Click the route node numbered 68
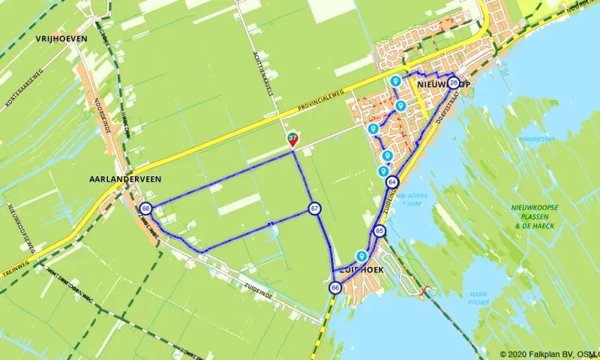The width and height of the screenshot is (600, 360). click(146, 208)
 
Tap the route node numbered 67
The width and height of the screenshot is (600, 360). click(314, 208)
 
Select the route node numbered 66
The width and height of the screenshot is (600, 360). click(335, 287)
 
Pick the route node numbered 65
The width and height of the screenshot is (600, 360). click(379, 231)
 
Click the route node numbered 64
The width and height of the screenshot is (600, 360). click(393, 182)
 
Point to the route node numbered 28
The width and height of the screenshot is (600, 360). click(453, 82)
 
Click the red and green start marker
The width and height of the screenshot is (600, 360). click(292, 139)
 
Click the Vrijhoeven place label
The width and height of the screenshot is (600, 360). click(61, 37)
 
